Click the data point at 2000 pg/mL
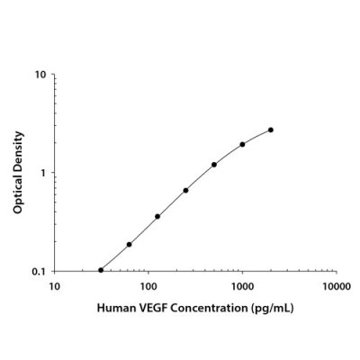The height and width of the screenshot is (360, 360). [271, 130]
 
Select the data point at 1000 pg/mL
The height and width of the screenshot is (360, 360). [242, 144]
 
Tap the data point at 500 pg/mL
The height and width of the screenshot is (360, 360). [214, 165]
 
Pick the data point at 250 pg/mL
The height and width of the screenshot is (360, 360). [185, 190]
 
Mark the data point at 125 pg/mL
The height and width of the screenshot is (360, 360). [157, 216]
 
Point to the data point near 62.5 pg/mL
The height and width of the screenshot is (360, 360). [130, 244]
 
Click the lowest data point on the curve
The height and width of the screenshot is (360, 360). [101, 270]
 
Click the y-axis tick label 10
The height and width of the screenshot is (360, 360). [42, 74]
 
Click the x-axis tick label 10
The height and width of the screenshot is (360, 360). [54, 286]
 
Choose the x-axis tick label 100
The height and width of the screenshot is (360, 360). [148, 286]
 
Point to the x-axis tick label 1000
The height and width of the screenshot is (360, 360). [242, 286]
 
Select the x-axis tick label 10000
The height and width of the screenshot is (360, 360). [336, 286]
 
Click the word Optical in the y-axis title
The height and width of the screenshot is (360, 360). [18, 196]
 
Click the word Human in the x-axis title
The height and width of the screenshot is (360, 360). [116, 308]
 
